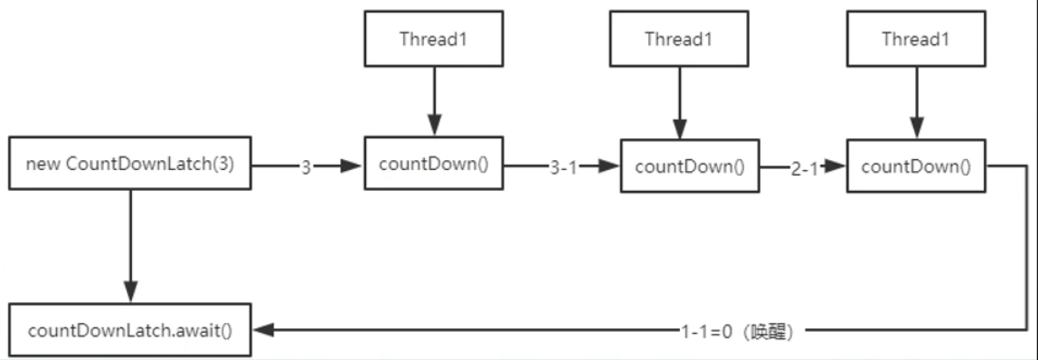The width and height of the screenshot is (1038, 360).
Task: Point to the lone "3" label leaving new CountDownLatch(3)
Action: point(307,166)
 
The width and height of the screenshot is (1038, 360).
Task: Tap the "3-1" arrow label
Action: point(563,167)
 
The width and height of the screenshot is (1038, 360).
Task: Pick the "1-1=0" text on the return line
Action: point(707,332)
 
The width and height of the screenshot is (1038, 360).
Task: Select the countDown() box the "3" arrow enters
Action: point(433,164)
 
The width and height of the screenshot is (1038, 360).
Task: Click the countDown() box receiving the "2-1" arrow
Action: point(917,166)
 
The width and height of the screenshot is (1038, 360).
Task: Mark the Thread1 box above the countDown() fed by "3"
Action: point(433,39)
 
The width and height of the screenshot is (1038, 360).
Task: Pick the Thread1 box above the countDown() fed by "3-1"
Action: point(677,39)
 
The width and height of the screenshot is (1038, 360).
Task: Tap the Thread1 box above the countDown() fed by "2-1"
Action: point(915,39)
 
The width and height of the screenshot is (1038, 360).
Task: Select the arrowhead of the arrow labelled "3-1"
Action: point(611,167)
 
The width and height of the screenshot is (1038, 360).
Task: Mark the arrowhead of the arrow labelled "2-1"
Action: point(838,167)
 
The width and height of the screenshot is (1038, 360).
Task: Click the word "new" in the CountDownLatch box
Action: point(41,165)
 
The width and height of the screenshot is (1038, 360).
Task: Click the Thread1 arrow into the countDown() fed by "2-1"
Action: point(915,99)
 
